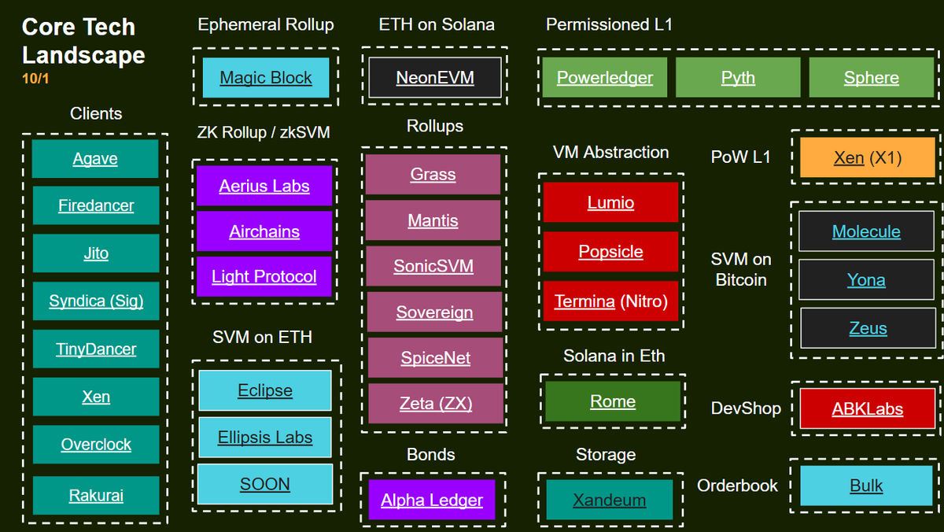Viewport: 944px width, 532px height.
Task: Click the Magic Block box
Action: point(266,78)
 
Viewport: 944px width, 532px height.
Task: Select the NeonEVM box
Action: point(435,78)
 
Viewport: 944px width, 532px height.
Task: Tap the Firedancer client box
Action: point(96,205)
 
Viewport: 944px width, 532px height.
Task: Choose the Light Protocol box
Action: point(264,276)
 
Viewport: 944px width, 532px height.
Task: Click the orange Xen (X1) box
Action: point(867,157)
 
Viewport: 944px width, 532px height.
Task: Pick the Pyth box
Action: point(738,78)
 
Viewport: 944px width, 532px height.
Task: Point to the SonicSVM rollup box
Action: point(433,266)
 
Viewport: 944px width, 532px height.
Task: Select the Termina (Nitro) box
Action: point(610,301)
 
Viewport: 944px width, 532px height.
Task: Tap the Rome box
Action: point(613,401)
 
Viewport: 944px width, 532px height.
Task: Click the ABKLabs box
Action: point(867,408)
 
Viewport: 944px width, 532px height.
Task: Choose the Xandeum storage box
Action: point(610,500)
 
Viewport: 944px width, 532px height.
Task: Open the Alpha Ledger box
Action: point(432,500)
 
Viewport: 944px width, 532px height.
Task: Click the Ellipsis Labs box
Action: point(265,438)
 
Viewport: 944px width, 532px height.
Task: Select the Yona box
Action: point(866,280)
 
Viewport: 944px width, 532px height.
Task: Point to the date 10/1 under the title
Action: point(35,79)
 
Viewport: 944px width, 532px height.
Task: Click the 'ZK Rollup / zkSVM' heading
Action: point(264,132)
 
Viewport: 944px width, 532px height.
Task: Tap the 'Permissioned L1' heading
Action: point(609,24)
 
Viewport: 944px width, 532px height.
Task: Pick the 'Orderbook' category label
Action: point(737,486)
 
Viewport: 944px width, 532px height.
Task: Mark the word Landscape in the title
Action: point(83,56)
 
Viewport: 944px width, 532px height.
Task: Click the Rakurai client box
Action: point(96,495)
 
